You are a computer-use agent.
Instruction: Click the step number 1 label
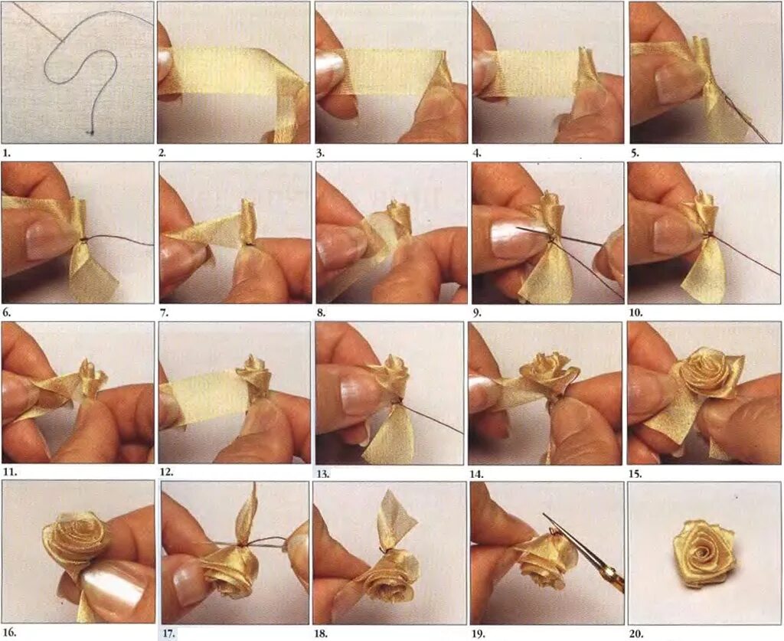6,152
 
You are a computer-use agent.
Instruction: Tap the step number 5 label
635,153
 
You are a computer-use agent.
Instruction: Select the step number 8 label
321,313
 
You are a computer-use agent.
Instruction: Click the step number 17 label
169,633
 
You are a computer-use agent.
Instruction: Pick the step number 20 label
636,633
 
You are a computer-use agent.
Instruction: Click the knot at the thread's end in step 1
91,132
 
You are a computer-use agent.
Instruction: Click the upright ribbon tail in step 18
395,521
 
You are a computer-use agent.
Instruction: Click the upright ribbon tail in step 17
247,515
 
